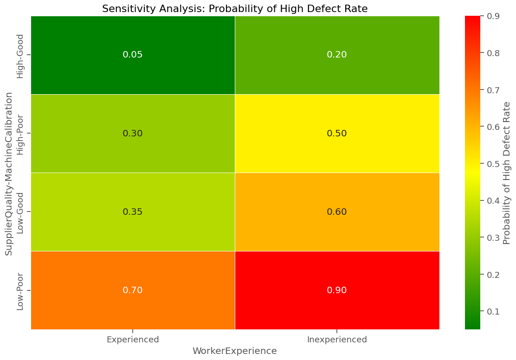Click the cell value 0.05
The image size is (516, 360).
[133, 55]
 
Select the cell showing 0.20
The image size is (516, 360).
[337, 55]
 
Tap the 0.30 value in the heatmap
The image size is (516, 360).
[133, 134]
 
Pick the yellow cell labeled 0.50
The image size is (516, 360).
[337, 134]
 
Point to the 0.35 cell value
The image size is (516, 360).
[133, 212]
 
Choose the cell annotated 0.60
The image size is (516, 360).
[337, 212]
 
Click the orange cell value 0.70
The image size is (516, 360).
[133, 290]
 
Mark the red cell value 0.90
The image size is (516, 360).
[337, 290]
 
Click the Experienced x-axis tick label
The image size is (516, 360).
[133, 340]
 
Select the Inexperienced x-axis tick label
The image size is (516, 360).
[337, 340]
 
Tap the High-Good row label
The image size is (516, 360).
[20, 55]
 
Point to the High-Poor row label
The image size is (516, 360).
[20, 134]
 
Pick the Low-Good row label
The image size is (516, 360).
[20, 212]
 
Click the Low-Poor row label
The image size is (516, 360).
[20, 290]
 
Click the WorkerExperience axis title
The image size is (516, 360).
[235, 351]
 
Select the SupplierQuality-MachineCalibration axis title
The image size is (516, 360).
[9, 173]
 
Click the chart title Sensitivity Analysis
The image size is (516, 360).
[235, 9]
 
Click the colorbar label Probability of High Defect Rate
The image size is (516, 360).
[507, 173]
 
